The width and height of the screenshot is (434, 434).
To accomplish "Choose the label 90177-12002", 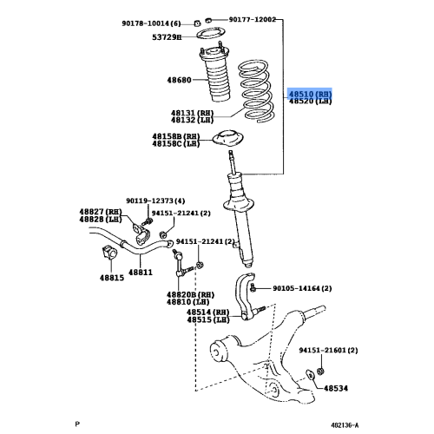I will (253, 19).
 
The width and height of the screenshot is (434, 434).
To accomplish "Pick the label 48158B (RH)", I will (176, 135).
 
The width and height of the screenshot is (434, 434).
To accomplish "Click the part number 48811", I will (141, 272).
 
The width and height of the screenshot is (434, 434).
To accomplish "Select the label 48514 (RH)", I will (210, 312).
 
